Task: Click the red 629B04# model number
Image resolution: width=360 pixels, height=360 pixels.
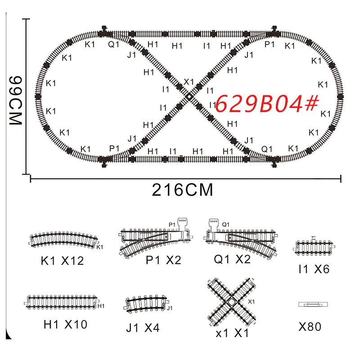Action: [x=266, y=104]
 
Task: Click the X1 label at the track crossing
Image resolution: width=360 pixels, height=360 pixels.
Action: [x=189, y=82]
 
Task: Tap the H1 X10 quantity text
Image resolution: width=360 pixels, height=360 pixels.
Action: [x=65, y=324]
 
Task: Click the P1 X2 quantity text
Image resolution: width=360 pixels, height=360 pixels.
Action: [x=163, y=260]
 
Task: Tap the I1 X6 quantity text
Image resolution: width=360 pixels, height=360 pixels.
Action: [x=314, y=270]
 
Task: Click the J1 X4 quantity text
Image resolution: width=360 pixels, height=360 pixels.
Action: [x=143, y=328]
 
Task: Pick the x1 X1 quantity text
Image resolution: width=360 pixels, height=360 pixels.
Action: [x=232, y=334]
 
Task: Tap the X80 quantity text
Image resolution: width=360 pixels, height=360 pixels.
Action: [x=310, y=327]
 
